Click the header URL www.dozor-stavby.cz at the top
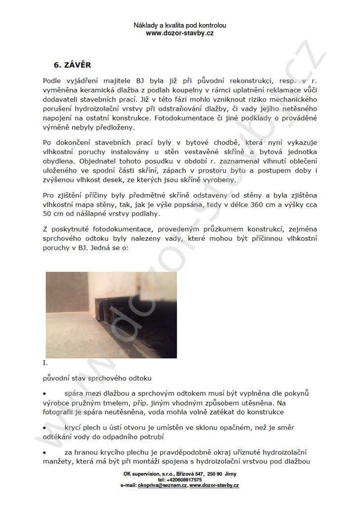[x=180, y=33]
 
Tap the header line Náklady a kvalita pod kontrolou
[x=180, y=25]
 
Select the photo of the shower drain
[x=111, y=315]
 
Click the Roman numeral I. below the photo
[x=45, y=363]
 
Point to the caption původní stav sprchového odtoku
[x=97, y=378]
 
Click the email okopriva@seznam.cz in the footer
[x=162, y=486]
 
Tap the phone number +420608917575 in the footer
[x=180, y=480]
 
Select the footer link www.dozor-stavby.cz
[x=214, y=486]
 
